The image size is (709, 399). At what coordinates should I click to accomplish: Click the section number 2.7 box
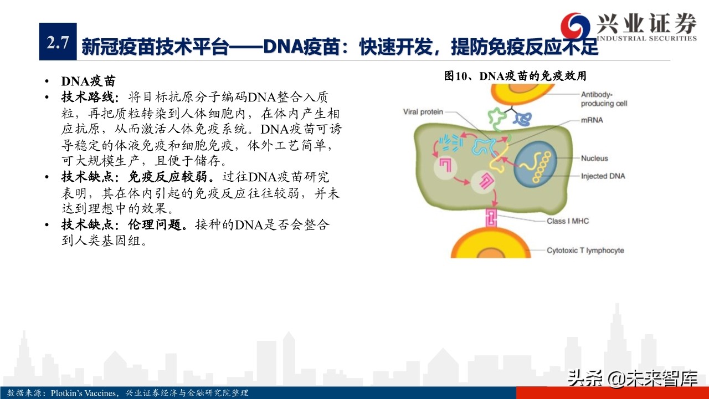58,42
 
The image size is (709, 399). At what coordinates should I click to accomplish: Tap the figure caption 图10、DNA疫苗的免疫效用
515,76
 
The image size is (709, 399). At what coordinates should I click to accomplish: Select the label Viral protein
423,112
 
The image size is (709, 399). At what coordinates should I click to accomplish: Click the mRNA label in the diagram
592,120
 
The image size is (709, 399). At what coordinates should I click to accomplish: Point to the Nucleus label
594,158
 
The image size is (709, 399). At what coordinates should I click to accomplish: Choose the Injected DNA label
603,176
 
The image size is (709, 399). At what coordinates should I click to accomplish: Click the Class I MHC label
568,221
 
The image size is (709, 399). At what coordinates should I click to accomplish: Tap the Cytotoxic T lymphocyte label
585,250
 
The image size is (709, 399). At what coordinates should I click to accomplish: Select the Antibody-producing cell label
604,99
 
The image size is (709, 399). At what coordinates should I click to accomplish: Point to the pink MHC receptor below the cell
491,218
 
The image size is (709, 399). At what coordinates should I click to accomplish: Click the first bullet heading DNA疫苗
88,81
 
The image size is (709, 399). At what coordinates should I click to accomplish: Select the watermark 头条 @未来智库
632,378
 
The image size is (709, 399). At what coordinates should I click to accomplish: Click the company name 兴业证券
646,24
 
